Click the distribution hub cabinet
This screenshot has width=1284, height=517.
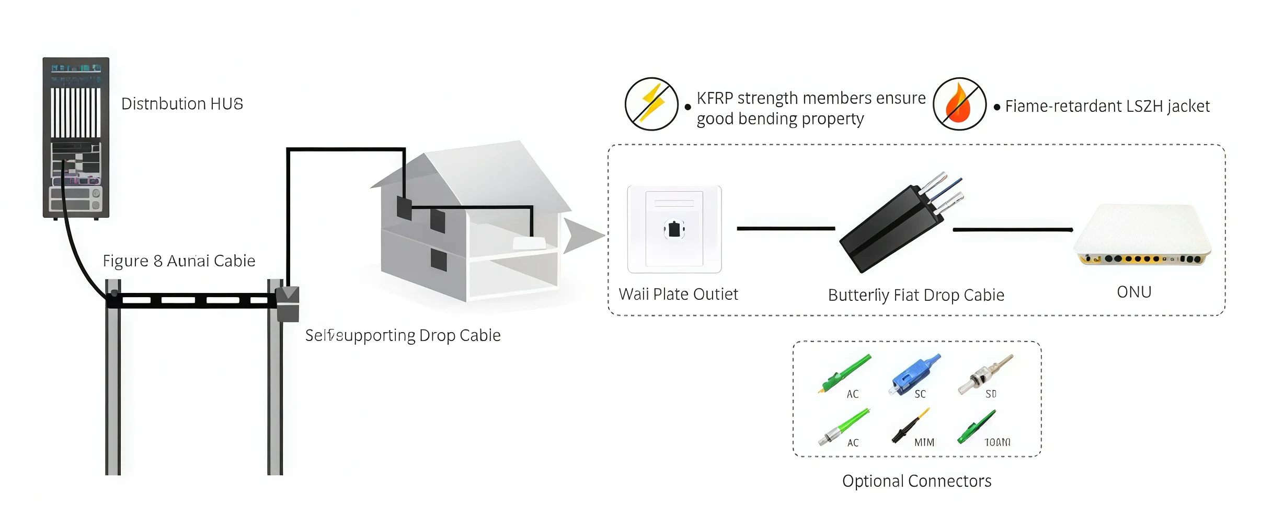tap(76, 137)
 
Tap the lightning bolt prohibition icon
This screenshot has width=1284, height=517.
tap(651, 104)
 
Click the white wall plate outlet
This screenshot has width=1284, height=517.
tap(674, 229)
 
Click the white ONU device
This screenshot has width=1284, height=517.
tap(1142, 236)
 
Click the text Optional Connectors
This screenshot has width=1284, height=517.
tap(916, 481)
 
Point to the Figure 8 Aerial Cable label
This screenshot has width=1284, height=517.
tap(179, 261)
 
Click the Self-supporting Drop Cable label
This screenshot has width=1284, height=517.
tap(403, 335)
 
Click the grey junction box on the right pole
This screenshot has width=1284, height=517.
tap(287, 303)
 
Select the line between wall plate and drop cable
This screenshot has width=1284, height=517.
tap(786, 228)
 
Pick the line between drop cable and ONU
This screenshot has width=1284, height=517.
tap(1012, 229)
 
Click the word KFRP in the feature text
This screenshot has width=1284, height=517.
tap(715, 98)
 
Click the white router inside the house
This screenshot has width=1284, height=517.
tap(529, 243)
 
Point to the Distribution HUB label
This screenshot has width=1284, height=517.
tap(182, 104)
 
